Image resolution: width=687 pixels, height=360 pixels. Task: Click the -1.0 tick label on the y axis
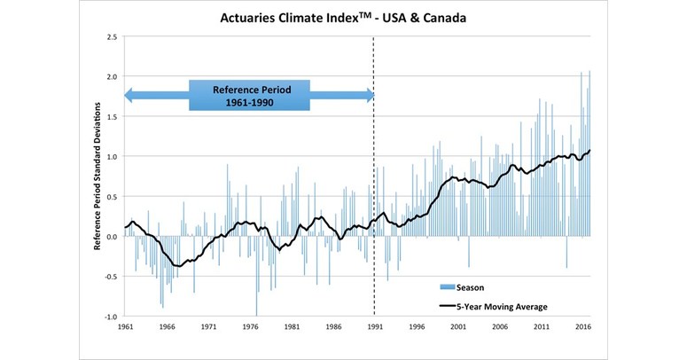109,317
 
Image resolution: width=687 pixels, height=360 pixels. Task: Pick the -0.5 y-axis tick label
109,277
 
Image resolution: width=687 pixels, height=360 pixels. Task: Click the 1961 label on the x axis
125,328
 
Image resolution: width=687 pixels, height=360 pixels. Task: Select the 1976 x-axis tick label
251,328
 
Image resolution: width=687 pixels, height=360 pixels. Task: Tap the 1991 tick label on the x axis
374,328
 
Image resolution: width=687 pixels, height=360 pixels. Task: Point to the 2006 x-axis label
500,328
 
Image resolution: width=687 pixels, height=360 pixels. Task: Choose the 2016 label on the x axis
583,328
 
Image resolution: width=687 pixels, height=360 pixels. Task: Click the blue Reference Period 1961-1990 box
249,95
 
